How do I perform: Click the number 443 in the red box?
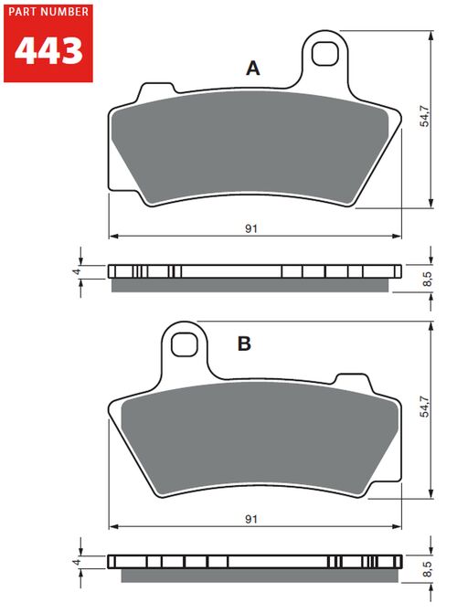tap(48, 50)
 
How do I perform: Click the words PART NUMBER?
tap(48, 12)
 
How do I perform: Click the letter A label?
tap(253, 68)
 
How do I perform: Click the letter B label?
tap(244, 343)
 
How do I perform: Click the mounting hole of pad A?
tap(324, 54)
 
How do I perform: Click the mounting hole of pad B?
tap(184, 344)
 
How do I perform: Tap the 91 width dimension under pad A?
tap(250, 228)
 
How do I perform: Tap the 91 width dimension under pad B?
tap(250, 519)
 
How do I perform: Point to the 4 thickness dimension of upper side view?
tap(78, 271)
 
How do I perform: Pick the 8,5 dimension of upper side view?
tap(426, 279)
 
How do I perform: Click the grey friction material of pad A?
tap(247, 146)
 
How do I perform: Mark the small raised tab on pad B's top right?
tap(351, 379)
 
